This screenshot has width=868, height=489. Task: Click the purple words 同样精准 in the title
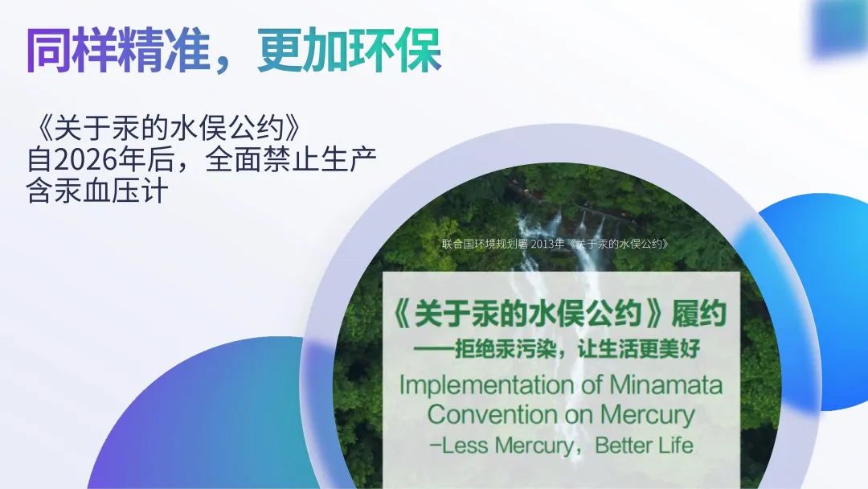(118, 50)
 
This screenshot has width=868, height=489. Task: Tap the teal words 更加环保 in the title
(350, 50)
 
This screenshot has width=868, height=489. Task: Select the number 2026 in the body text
(87, 159)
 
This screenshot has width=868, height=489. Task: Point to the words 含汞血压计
(97, 191)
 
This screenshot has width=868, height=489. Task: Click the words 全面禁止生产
(291, 159)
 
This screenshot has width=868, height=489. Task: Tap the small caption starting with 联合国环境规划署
(556, 244)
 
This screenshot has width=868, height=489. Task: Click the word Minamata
(666, 384)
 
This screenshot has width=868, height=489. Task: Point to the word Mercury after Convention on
(648, 415)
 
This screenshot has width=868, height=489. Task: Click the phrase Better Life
(645, 445)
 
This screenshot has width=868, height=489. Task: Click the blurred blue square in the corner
(841, 27)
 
